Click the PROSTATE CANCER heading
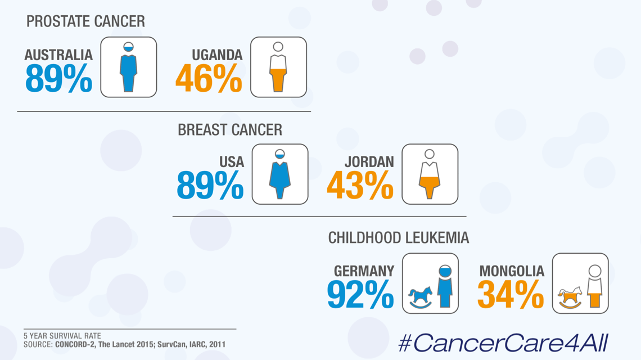pos(85,21)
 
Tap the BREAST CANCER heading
pos(229,130)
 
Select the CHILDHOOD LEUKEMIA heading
pos(398,237)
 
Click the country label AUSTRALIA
pos(58,55)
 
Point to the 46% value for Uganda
pos(209,79)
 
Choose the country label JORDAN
pos(369,162)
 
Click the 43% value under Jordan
pos(360,186)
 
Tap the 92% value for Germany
pos(360,294)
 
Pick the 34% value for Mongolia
pos(511,294)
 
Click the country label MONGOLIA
pos(512,271)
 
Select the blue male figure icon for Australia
pos(129,67)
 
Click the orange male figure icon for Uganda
pos(278,67)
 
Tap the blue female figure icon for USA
pos(279,174)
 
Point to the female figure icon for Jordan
pos(430,174)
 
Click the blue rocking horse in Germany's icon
pos(420,296)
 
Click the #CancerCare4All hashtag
pos(503,343)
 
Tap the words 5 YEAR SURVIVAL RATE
pos(62,336)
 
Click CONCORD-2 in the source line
pos(78,344)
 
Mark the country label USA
pos(232,162)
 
